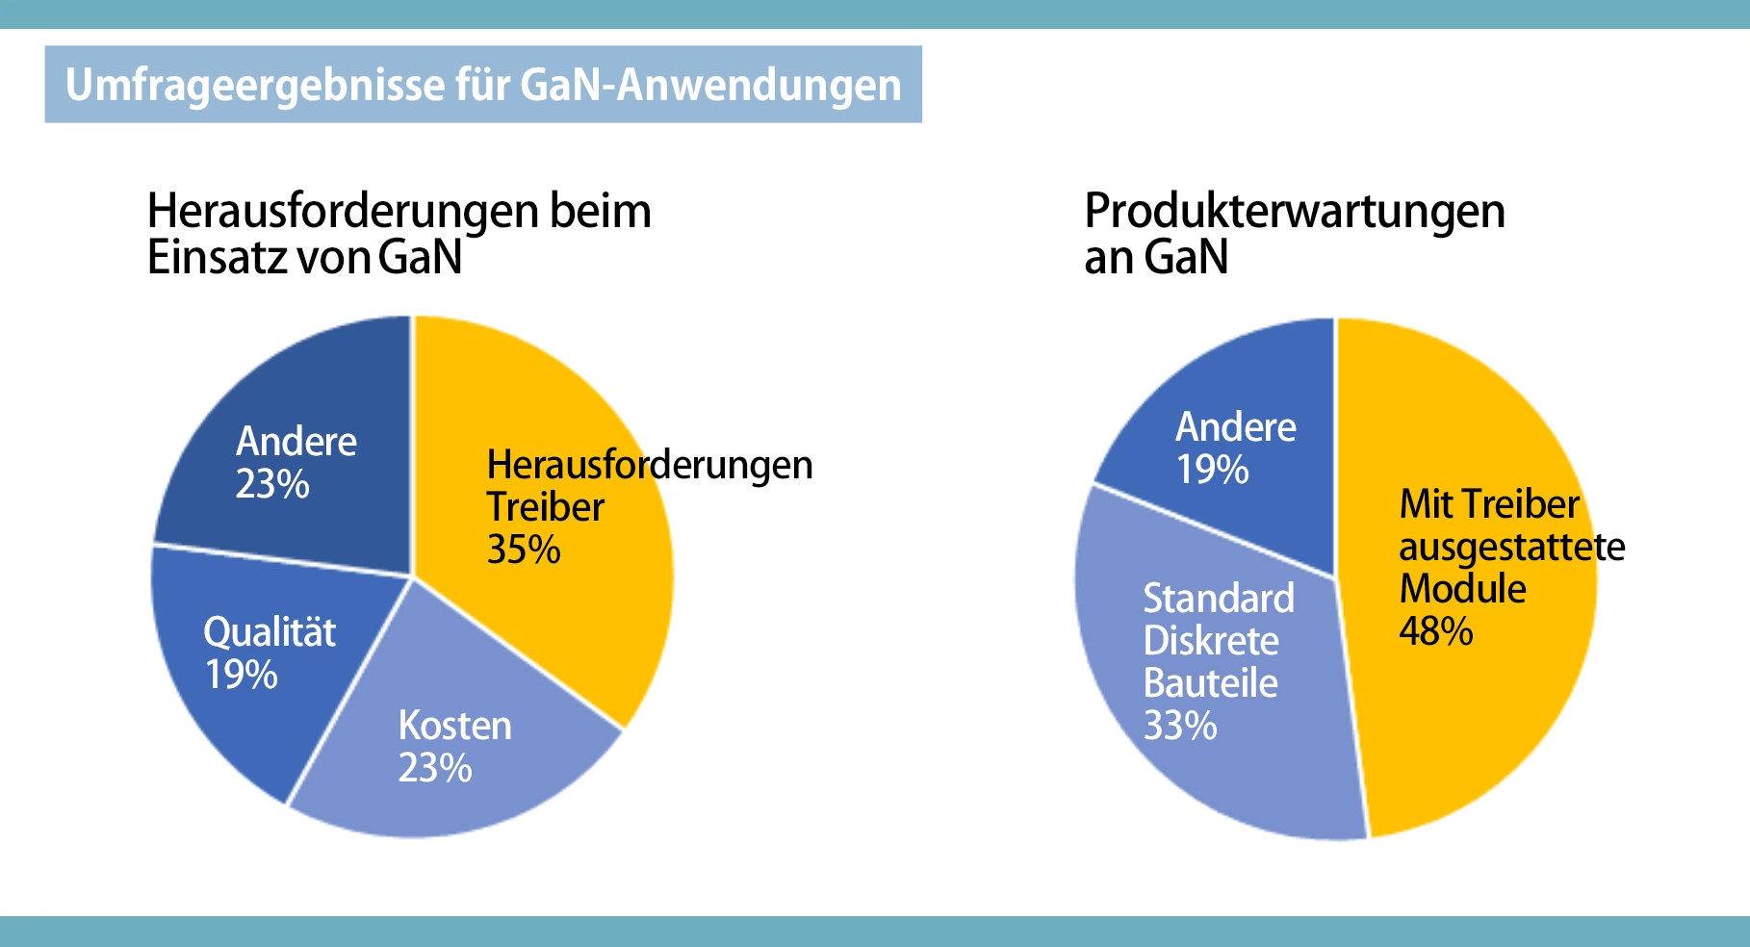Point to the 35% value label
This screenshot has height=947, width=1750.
click(524, 550)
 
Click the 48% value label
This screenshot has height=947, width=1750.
click(1435, 631)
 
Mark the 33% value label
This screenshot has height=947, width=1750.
click(1179, 726)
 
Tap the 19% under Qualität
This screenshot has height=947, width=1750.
click(241, 675)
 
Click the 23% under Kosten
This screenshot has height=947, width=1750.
click(435, 768)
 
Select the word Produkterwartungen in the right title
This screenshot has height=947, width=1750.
click(1295, 211)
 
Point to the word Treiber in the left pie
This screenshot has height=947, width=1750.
click(545, 507)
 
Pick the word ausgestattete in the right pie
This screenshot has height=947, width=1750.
click(1511, 547)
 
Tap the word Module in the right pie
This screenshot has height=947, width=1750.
click(1462, 589)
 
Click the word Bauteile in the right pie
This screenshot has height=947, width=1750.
click(1210, 683)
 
